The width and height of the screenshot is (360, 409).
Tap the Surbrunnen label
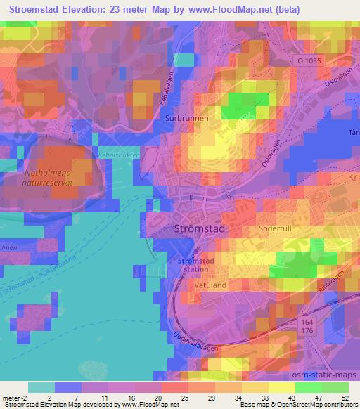click(x=186, y=119)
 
